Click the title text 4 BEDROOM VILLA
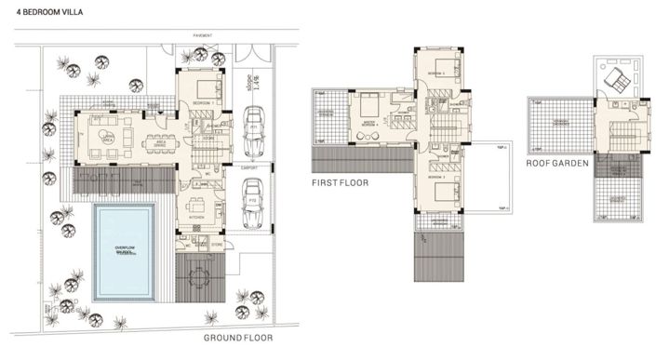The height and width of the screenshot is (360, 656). click(x=41, y=16)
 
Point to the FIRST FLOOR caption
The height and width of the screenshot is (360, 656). click(x=341, y=183)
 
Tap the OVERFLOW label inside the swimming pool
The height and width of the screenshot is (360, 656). click(x=126, y=248)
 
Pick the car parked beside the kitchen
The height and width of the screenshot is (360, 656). click(x=251, y=207)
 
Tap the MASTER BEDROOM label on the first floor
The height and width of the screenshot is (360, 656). click(x=369, y=124)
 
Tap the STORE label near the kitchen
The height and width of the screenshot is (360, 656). click(x=217, y=246)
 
